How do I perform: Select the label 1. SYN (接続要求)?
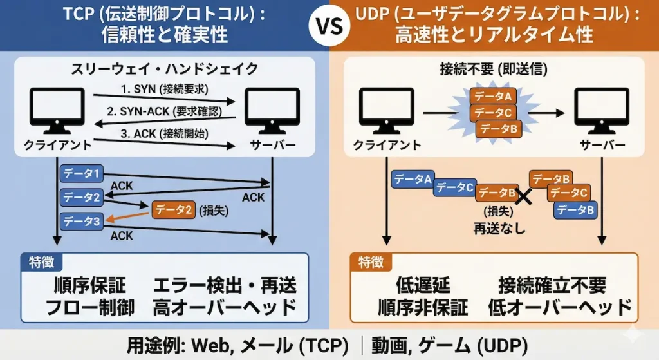click(166, 88)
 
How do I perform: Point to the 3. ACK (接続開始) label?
click(166, 135)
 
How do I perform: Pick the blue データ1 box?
click(82, 173)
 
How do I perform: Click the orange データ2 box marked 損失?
click(174, 208)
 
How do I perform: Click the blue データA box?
click(413, 180)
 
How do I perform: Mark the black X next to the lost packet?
click(524, 196)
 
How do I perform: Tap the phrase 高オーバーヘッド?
click(225, 307)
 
